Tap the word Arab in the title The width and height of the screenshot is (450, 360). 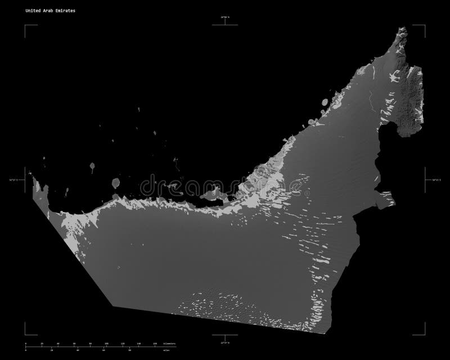(x=47, y=11)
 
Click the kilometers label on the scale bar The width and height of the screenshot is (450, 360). (x=166, y=343)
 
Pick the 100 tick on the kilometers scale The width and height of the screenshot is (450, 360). (x=107, y=343)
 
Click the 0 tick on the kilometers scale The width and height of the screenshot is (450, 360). (x=26, y=343)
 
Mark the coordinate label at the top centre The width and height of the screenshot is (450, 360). (x=225, y=18)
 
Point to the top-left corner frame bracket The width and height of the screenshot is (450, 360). (x=26, y=26)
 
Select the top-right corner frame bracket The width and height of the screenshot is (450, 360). (x=423, y=26)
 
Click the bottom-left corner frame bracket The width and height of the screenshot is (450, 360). (x=26, y=334)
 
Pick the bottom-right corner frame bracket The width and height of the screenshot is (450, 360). (x=423, y=334)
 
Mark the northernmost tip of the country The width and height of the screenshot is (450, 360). (x=403, y=26)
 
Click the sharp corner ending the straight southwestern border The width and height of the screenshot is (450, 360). (x=112, y=307)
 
